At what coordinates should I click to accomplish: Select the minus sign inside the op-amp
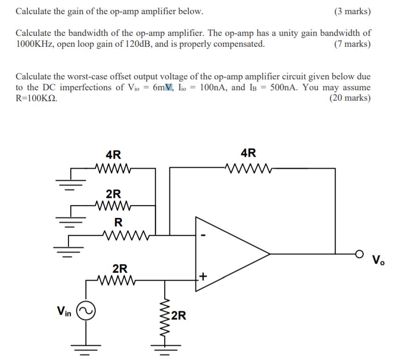[203, 235]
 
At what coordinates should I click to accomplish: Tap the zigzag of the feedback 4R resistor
[248, 167]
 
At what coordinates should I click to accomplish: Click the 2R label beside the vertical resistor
[178, 315]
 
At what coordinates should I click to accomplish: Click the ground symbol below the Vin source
[86, 350]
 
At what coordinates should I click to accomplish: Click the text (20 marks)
[350, 98]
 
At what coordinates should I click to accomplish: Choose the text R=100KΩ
[37, 98]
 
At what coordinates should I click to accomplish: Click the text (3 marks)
[352, 11]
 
